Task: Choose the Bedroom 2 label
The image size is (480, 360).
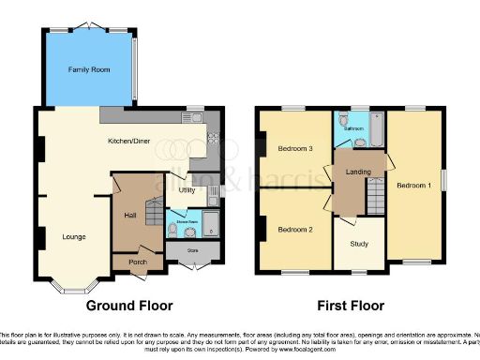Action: point(293,229)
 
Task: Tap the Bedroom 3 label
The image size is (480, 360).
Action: point(296,148)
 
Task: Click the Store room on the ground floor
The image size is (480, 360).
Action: point(194,251)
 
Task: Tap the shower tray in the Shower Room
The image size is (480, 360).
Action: point(210,225)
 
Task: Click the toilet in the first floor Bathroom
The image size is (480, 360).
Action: point(345,122)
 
